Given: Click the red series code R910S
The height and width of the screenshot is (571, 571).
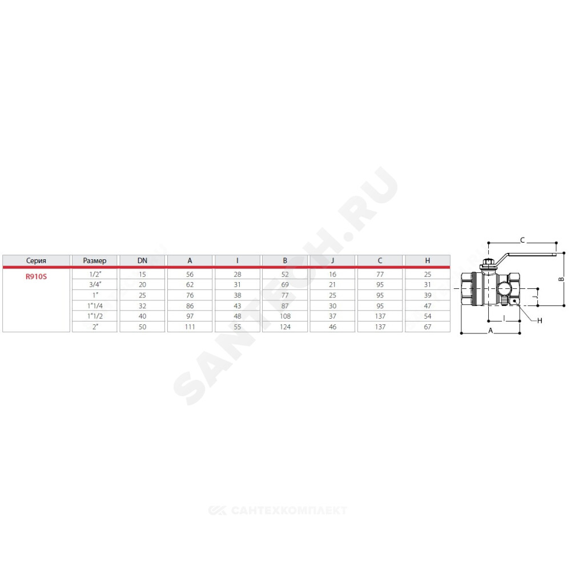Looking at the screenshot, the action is click(x=36, y=276).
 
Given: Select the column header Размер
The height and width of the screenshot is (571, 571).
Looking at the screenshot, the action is click(x=95, y=261).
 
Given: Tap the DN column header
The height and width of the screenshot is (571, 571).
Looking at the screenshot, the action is click(x=142, y=261).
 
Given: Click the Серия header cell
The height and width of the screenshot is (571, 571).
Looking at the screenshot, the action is click(x=36, y=261).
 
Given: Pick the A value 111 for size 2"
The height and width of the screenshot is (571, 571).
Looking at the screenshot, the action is click(x=190, y=327).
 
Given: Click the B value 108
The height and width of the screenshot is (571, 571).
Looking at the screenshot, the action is click(x=285, y=316).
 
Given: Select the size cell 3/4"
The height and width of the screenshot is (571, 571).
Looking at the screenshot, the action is click(x=95, y=284).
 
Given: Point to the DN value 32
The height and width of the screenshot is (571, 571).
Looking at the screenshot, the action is click(x=142, y=306).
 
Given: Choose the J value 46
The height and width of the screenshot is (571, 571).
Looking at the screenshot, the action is click(x=332, y=327).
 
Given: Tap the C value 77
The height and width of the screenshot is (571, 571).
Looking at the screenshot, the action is click(x=380, y=274).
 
